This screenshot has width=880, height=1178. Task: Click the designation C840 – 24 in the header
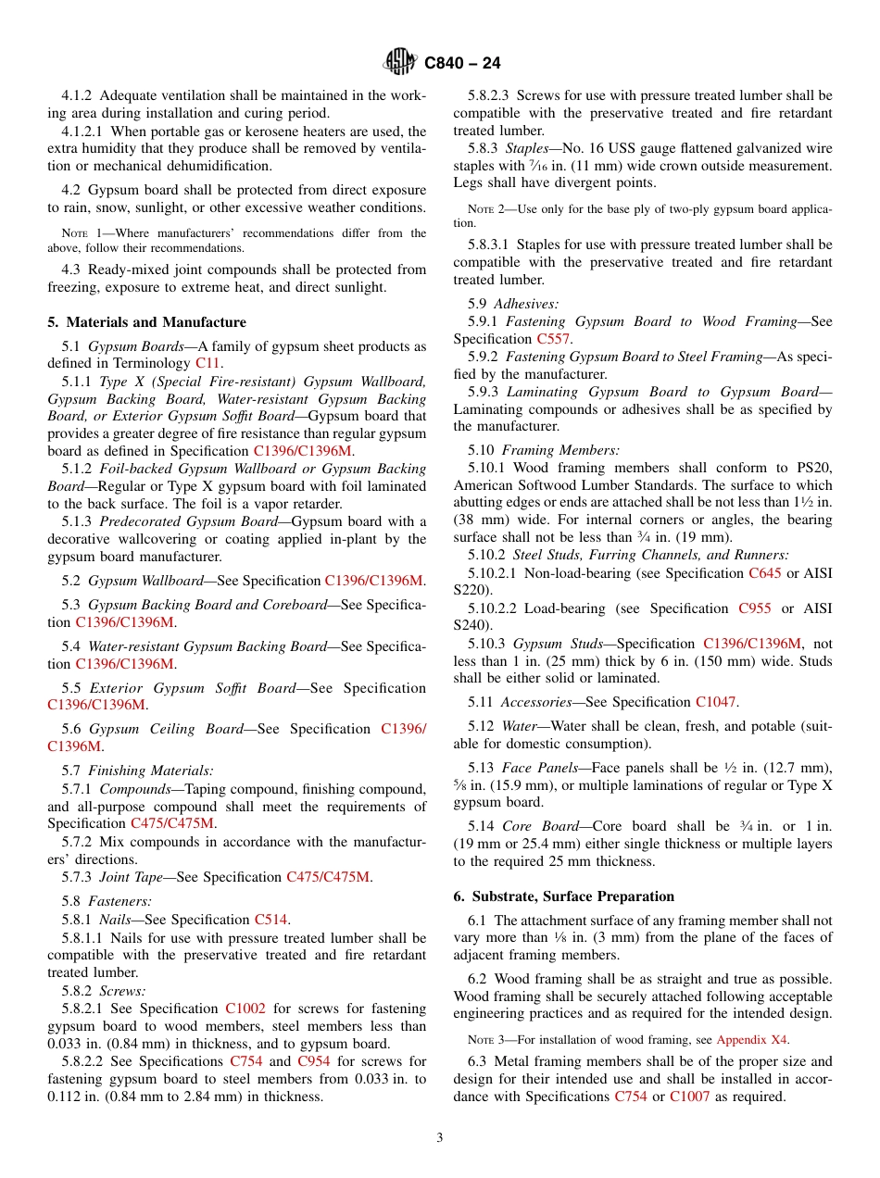click(x=462, y=63)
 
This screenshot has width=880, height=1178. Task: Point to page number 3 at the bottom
click(x=440, y=1137)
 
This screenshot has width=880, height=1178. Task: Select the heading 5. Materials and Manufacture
click(x=146, y=322)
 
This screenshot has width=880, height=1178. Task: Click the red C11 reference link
click(x=208, y=364)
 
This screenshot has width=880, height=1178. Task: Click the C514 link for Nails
click(x=271, y=920)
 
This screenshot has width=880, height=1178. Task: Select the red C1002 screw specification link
click(x=245, y=1009)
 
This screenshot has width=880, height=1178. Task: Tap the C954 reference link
click(x=314, y=1061)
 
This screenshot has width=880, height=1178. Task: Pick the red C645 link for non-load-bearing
click(x=764, y=573)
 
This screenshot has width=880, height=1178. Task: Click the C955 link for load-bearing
click(x=754, y=608)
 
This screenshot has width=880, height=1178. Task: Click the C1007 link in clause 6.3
click(x=688, y=1097)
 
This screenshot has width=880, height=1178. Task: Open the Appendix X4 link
click(x=751, y=1039)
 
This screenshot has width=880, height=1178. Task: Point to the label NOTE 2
click(x=488, y=209)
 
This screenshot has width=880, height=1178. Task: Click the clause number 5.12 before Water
click(x=481, y=726)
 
